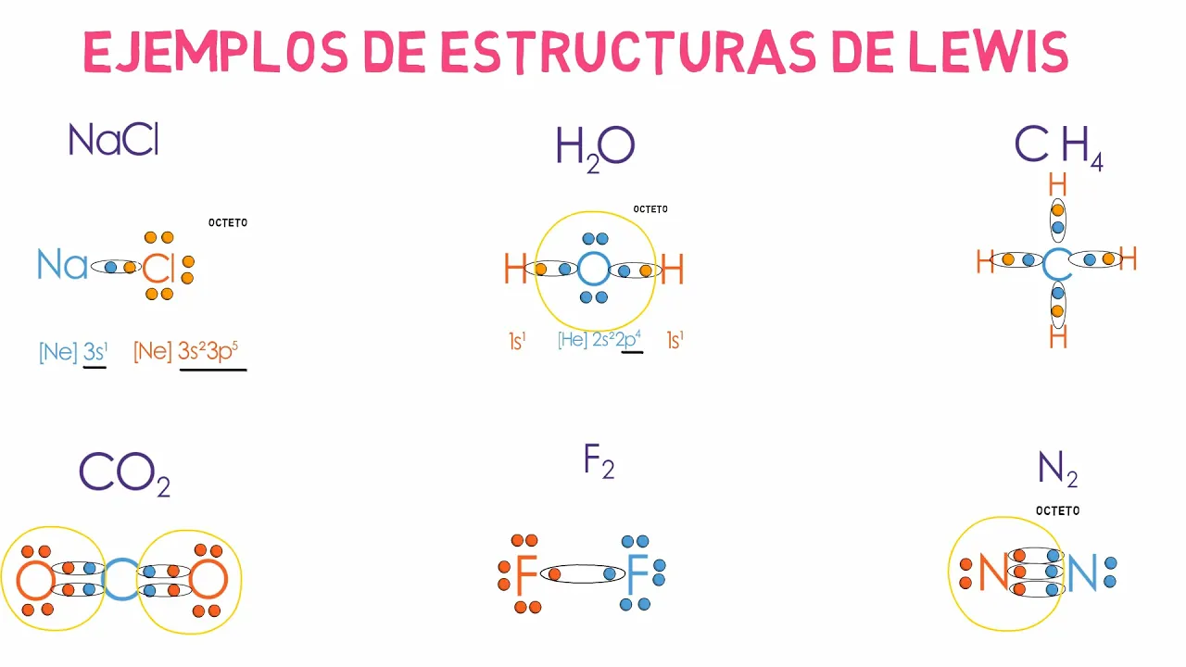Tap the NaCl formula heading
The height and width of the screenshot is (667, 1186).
[x=114, y=140]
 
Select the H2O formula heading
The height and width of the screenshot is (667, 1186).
[x=595, y=148]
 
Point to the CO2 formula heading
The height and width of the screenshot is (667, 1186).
[x=124, y=472]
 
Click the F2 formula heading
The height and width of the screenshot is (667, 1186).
[x=599, y=461]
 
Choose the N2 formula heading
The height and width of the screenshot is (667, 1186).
[x=1057, y=470]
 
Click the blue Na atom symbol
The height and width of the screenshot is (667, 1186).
[x=62, y=266]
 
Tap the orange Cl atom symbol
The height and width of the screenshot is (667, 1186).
[x=158, y=269]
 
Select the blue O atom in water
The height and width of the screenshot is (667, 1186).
[x=593, y=270]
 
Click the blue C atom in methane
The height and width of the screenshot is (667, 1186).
[x=1056, y=265]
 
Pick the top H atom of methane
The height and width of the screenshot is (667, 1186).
[x=1057, y=185]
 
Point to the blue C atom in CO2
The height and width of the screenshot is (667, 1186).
[x=120, y=580]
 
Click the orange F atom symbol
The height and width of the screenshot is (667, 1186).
[x=526, y=576]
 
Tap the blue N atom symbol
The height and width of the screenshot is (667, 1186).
[x=1081, y=573]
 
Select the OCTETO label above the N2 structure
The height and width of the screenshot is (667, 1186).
[x=1057, y=510]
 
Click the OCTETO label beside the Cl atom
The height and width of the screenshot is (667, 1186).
[x=228, y=223]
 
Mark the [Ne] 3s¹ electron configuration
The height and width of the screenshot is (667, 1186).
[x=73, y=352]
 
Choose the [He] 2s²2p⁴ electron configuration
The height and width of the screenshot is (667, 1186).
[x=599, y=340]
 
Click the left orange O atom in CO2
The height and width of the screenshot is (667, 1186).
[x=35, y=580]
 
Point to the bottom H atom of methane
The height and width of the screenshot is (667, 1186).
[x=1057, y=337]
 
